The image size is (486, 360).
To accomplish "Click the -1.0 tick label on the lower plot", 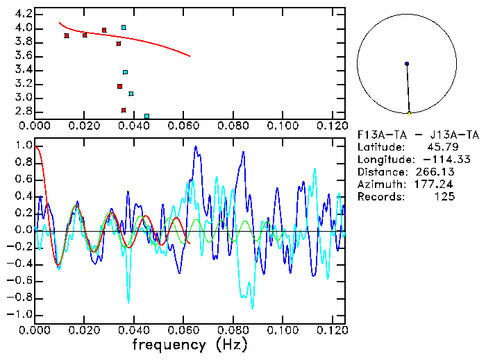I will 20,315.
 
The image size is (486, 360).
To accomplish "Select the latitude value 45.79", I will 440,147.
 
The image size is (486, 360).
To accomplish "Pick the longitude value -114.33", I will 435,160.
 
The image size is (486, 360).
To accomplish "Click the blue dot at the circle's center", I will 407,64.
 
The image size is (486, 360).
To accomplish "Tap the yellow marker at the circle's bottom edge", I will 410,113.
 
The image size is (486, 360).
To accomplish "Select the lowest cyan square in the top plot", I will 146,117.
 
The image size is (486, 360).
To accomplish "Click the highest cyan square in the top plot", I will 124,28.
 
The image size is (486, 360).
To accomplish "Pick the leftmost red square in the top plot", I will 67,35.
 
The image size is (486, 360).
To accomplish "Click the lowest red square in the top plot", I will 124,110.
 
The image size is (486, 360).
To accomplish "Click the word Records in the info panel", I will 380,197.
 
